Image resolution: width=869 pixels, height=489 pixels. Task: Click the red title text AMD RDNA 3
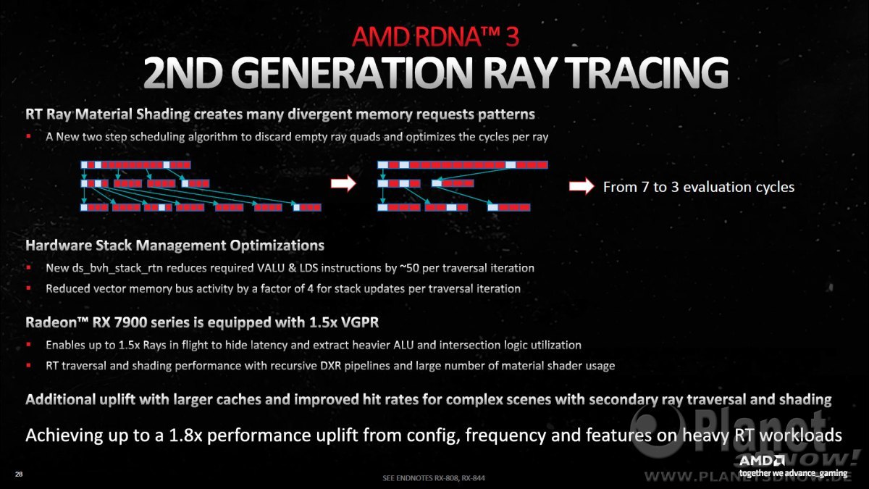pyautogui.click(x=435, y=36)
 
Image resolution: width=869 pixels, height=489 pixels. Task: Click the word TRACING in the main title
pyautogui.click(x=646, y=72)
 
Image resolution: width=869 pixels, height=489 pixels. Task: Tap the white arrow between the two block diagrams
pyautogui.click(x=343, y=183)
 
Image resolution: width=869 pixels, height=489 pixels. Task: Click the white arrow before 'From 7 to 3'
pyautogui.click(x=582, y=186)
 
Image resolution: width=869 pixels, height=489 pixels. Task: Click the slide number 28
pyautogui.click(x=19, y=474)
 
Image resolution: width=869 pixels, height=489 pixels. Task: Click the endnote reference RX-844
pyautogui.click(x=473, y=477)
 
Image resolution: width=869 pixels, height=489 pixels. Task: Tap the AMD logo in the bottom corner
pyautogui.click(x=762, y=461)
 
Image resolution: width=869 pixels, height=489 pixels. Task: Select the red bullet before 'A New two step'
pyautogui.click(x=28, y=136)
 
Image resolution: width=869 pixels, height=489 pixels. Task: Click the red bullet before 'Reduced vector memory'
pyautogui.click(x=28, y=288)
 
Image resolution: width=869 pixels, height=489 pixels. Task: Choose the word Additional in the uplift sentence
pyautogui.click(x=61, y=399)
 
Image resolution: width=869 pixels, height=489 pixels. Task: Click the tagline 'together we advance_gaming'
pyautogui.click(x=793, y=473)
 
